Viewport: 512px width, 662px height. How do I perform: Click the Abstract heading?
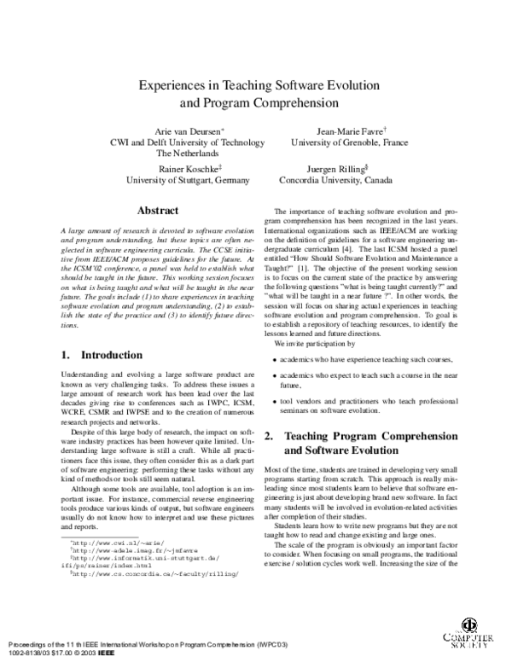click(158, 211)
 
